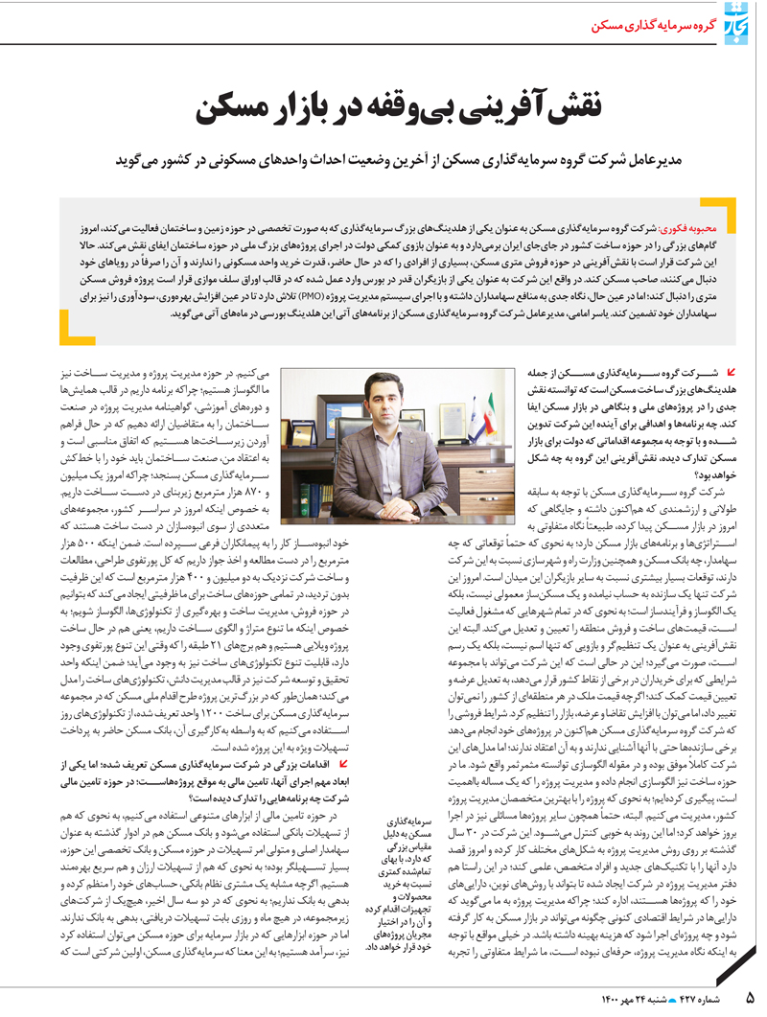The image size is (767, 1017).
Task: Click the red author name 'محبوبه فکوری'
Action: pyautogui.click(x=676, y=232)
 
